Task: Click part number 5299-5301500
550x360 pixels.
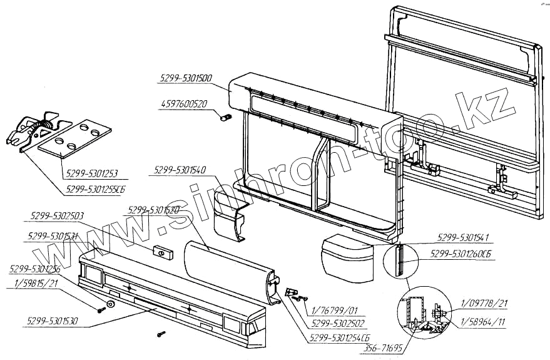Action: [x=185, y=79]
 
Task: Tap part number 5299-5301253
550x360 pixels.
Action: [x=91, y=173]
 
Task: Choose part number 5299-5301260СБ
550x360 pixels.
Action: [x=462, y=254]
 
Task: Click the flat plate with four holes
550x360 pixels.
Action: [x=74, y=138]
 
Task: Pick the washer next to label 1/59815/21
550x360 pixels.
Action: [x=110, y=303]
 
